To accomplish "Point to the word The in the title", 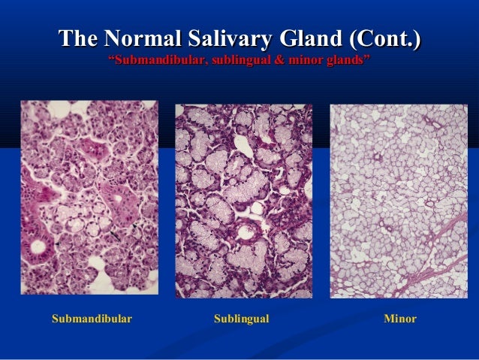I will click(x=79, y=36).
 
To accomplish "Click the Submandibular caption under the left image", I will click(x=92, y=319).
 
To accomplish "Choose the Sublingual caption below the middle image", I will click(x=241, y=319).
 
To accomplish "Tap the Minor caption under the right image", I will click(x=399, y=319).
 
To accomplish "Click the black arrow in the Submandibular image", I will click(x=113, y=237).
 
